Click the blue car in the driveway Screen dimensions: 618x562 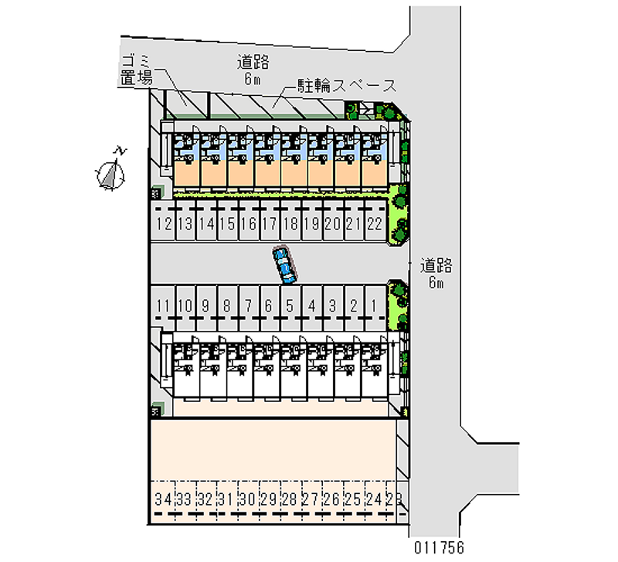click(x=284, y=264)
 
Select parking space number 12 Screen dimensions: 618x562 click(x=164, y=220)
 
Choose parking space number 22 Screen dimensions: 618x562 click(x=375, y=220)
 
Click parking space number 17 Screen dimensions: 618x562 click(x=270, y=220)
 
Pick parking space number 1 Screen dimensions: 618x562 click(x=375, y=308)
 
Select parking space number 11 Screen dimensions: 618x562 click(x=163, y=308)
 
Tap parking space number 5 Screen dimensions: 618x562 click(x=290, y=308)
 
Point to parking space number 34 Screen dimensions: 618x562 click(x=163, y=501)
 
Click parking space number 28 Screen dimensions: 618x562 click(x=290, y=501)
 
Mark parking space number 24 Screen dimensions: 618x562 click(x=375, y=501)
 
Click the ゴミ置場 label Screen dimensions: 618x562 click(x=137, y=70)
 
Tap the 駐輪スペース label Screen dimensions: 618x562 click(x=347, y=86)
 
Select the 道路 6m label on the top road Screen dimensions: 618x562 click(x=253, y=70)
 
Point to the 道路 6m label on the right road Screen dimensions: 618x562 click(x=436, y=273)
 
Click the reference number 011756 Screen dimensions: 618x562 click(x=439, y=547)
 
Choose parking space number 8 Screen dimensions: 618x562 click(x=227, y=308)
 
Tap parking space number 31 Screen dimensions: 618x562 click(x=227, y=501)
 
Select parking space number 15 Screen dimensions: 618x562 click(x=227, y=220)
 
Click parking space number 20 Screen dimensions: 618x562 click(x=333, y=220)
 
